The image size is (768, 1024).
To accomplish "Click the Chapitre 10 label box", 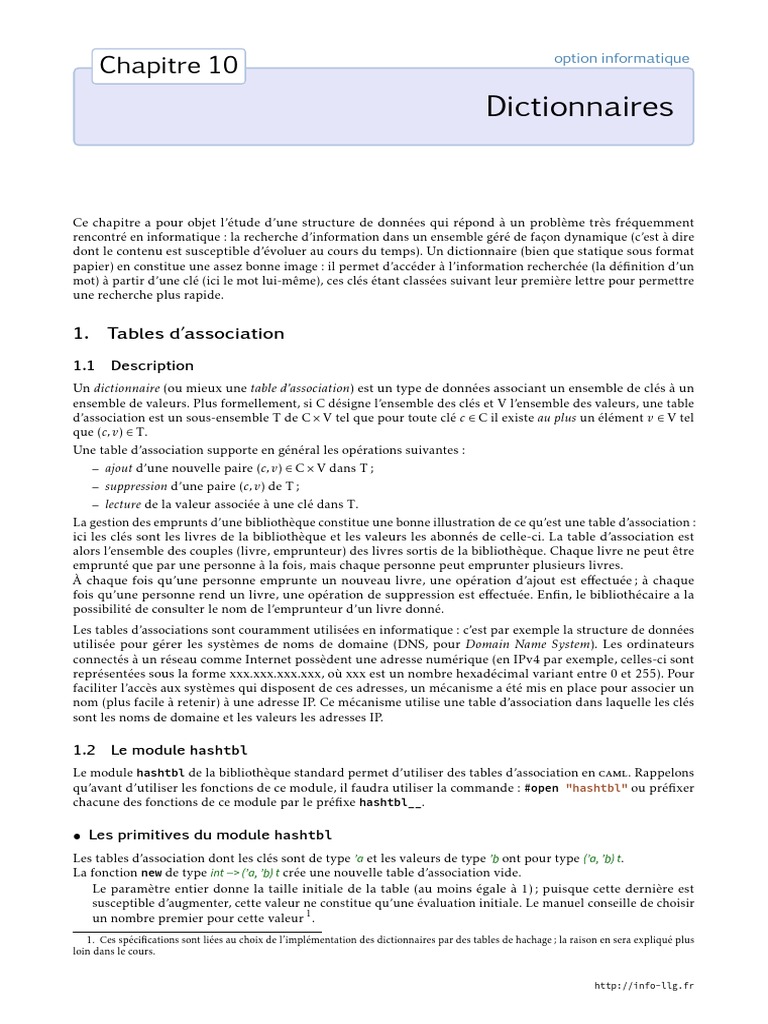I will (x=169, y=66).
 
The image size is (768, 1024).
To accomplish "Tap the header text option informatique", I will (x=621, y=58).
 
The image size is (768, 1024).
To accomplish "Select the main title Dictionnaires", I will (x=580, y=106).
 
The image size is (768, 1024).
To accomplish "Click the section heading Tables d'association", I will (x=179, y=333).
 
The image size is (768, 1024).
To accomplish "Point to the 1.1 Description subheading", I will (x=134, y=365).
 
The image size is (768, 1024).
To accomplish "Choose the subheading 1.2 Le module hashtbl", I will (x=161, y=749).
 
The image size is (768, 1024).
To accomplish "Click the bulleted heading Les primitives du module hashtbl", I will (x=203, y=834).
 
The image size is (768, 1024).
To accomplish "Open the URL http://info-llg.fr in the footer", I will (x=643, y=986).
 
